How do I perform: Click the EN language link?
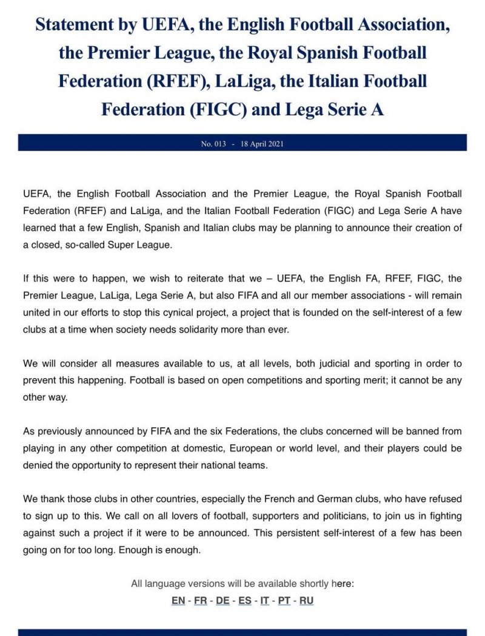178,601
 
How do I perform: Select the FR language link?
201,601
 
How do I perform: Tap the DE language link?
222,601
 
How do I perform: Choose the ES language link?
245,601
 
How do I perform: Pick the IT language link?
265,601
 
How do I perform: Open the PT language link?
284,601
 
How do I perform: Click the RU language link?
306,601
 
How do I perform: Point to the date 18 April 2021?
263,144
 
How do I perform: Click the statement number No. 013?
213,144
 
